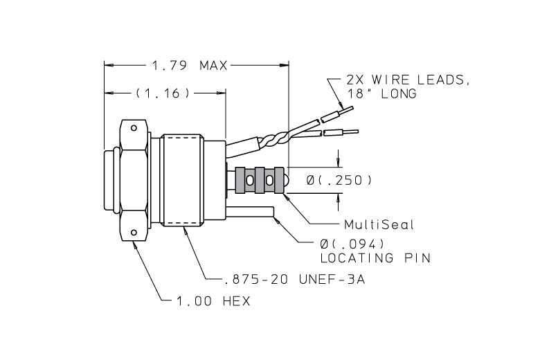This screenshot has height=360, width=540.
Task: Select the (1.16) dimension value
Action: point(163,92)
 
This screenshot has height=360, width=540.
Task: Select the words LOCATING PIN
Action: point(375,258)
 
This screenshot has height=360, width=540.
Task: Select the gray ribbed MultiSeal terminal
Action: point(260,181)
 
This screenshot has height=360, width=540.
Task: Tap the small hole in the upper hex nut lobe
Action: point(134,127)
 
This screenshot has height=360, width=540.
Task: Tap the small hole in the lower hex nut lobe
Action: point(134,233)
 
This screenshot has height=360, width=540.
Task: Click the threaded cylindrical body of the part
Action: point(183,180)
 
